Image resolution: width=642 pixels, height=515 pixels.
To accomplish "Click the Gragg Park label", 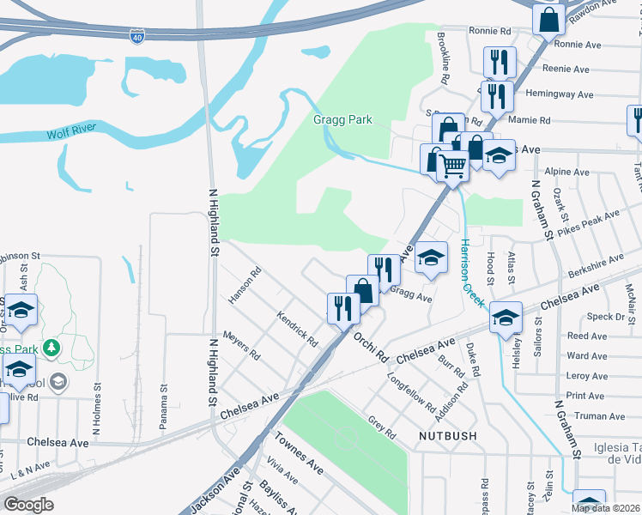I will pos(342,120).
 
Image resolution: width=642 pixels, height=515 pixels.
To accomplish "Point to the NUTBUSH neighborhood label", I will pos(447,437).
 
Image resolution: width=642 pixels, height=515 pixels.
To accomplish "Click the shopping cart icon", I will pos(453,166).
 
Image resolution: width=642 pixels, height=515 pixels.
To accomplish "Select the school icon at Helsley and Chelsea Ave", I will pos(506,318).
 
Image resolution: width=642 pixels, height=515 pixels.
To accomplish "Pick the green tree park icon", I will pos(53,348).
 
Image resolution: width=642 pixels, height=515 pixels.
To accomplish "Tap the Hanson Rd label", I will pos(244,288).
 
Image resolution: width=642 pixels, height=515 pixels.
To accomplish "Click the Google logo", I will pos(28,505).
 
